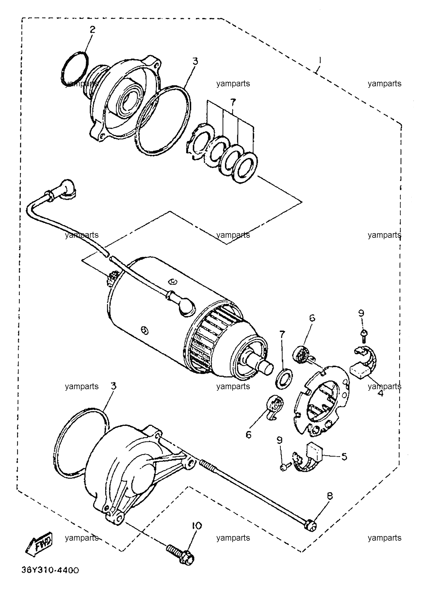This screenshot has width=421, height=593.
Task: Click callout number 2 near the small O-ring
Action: pos(92,30)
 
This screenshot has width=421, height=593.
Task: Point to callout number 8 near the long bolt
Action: pos(330,496)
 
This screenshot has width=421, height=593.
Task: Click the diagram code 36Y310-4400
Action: pos(50,570)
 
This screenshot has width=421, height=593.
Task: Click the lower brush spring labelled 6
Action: pos(275,408)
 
